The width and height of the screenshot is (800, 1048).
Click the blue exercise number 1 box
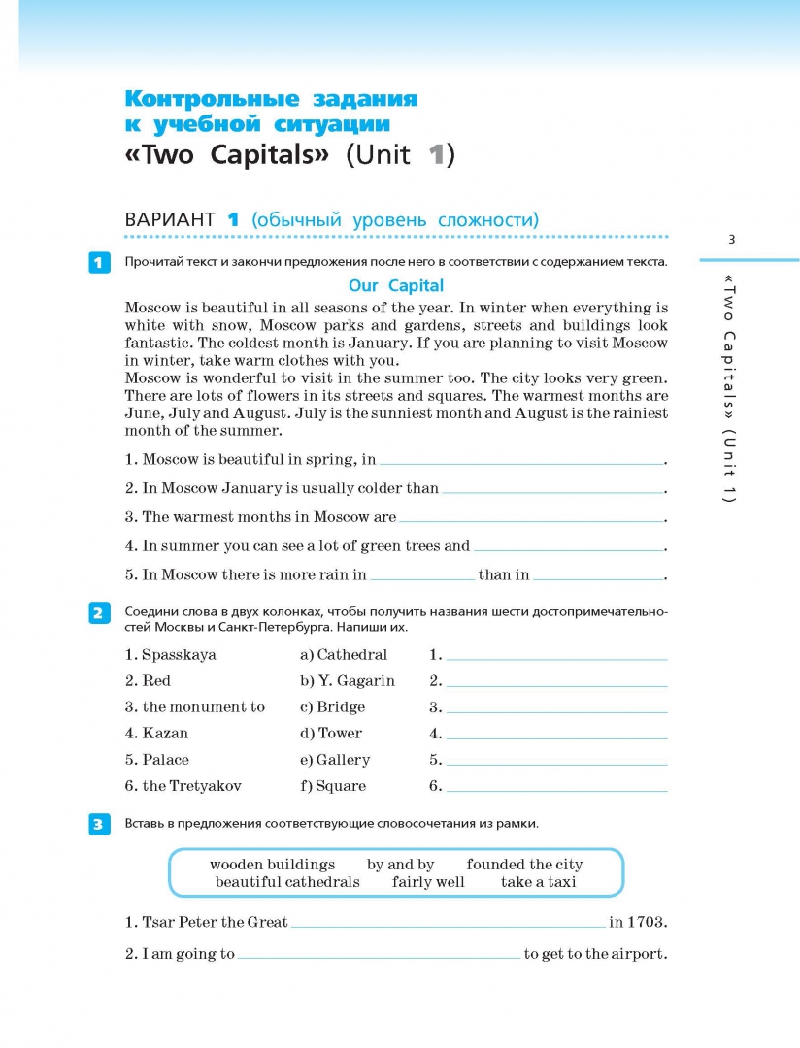click(99, 262)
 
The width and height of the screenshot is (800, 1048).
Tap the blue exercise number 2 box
click(99, 612)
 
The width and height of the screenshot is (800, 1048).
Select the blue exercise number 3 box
click(99, 824)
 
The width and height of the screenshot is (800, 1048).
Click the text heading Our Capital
click(396, 285)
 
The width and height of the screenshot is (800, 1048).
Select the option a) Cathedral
click(344, 655)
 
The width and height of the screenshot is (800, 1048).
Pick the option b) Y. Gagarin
click(348, 681)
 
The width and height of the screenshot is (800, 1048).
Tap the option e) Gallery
click(335, 760)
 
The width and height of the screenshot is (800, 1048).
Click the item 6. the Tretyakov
click(183, 786)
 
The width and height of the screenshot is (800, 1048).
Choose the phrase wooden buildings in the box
click(272, 865)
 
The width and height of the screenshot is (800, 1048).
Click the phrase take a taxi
click(538, 882)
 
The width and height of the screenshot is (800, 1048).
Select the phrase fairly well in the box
click(428, 882)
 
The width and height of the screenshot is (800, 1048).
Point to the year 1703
click(647, 922)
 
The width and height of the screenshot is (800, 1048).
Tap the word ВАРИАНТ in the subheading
click(170, 219)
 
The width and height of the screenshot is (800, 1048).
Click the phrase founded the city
click(524, 865)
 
